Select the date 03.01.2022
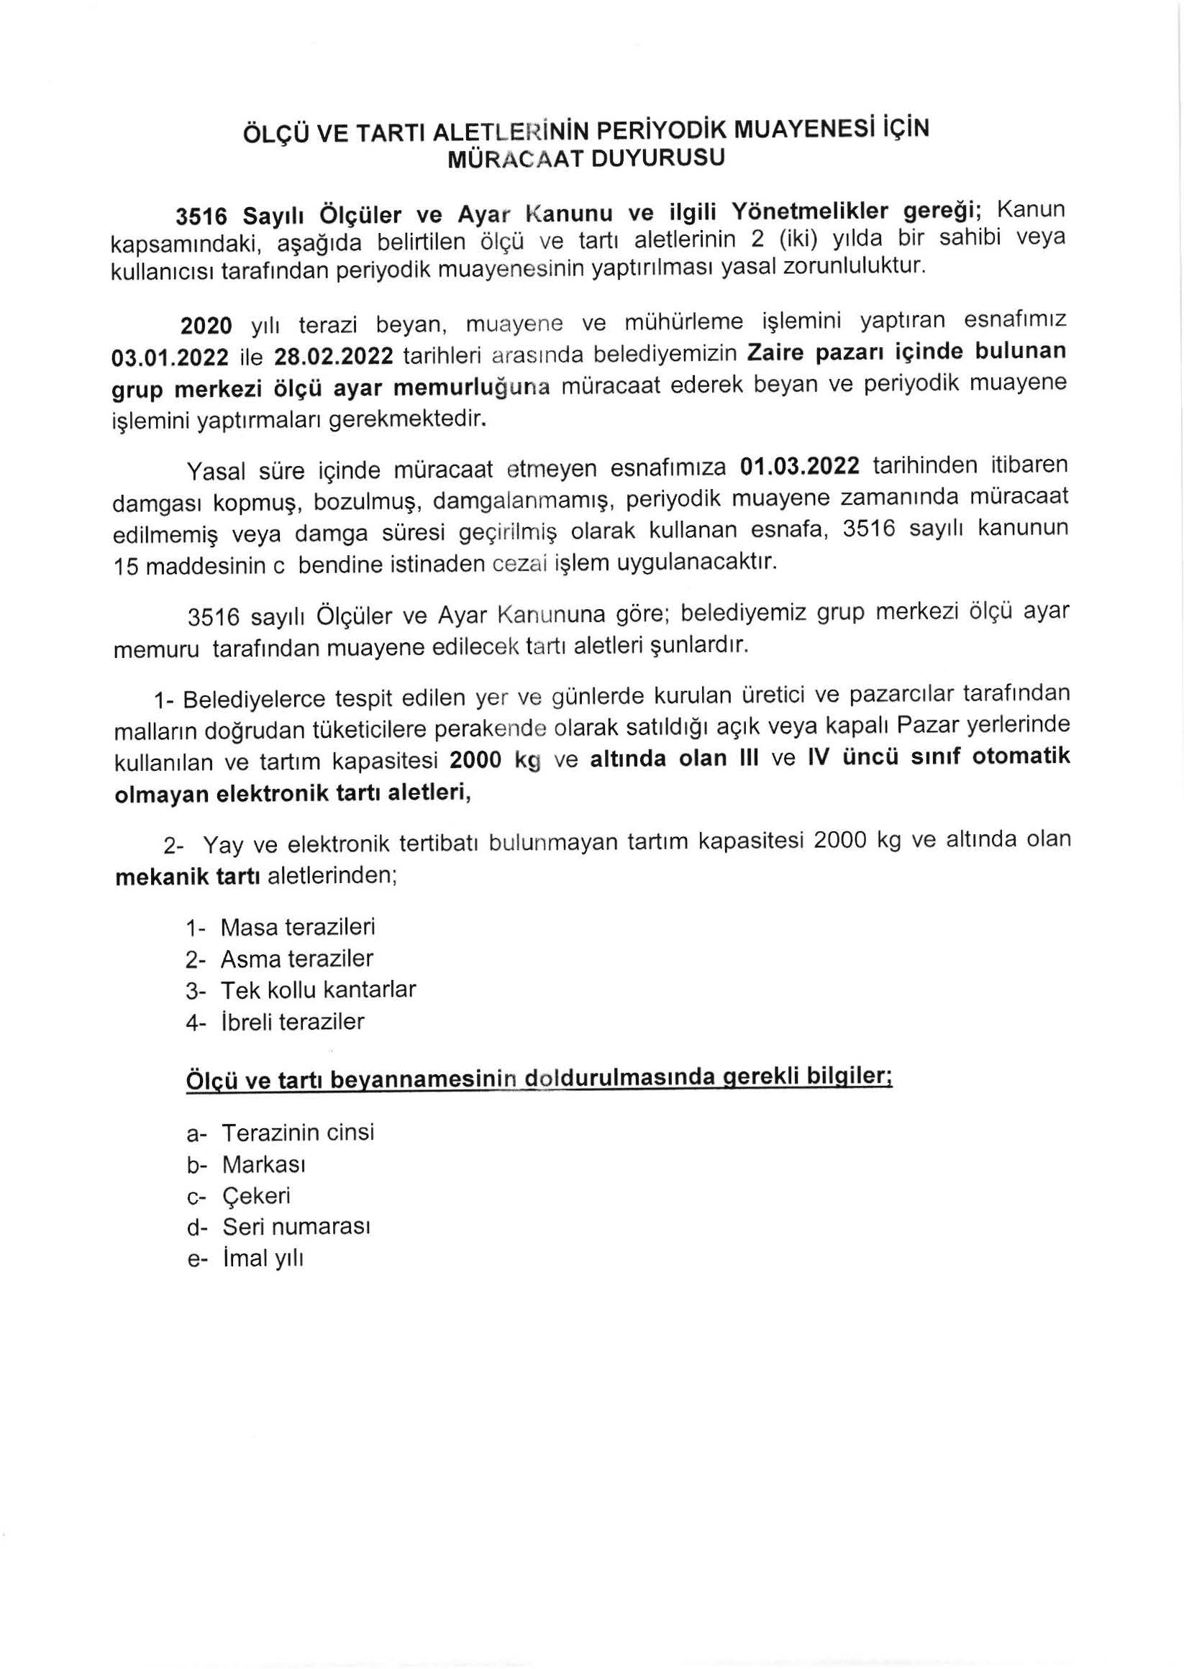[170, 357]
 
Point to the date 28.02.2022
[333, 357]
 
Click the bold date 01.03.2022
[799, 465]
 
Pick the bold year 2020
[206, 325]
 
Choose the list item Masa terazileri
[298, 927]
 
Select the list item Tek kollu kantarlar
[318, 989]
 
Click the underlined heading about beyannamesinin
[539, 1099]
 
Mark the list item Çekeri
[256, 1195]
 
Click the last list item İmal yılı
[263, 1258]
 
